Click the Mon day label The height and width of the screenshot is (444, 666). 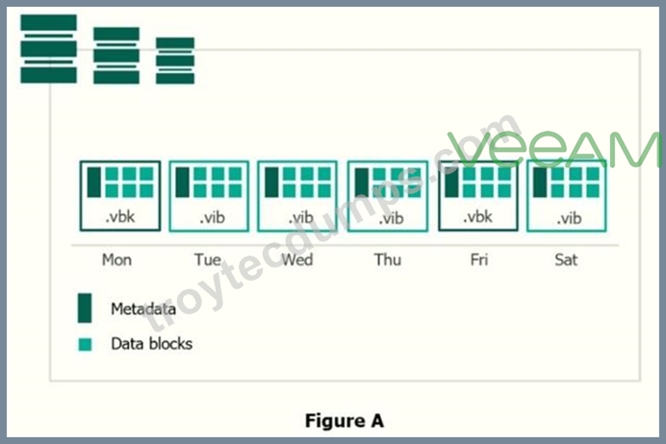click(x=116, y=259)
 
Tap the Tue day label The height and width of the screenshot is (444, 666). click(x=208, y=259)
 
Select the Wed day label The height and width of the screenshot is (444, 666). click(x=297, y=259)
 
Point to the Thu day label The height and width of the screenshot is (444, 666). click(x=387, y=259)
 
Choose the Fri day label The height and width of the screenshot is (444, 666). click(x=479, y=259)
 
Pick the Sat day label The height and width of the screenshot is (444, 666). click(x=566, y=259)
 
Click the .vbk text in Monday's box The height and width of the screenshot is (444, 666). click(x=120, y=216)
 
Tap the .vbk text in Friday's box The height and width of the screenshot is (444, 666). click(x=477, y=216)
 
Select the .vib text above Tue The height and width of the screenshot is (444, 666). click(x=212, y=218)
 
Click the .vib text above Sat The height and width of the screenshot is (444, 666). click(x=569, y=218)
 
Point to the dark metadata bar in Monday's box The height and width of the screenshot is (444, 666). click(x=94, y=182)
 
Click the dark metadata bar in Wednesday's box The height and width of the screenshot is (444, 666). click(x=271, y=182)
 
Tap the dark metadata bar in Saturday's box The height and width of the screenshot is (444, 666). click(x=540, y=182)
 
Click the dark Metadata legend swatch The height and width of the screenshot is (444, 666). click(x=85, y=308)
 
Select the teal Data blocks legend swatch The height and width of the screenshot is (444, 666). click(x=85, y=344)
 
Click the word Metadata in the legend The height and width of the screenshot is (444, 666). click(x=143, y=308)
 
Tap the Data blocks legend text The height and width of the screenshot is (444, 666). click(x=152, y=343)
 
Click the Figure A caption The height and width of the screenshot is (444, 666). click(x=345, y=421)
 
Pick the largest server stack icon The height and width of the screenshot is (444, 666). click(x=49, y=49)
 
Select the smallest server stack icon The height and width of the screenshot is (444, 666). click(x=175, y=61)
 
